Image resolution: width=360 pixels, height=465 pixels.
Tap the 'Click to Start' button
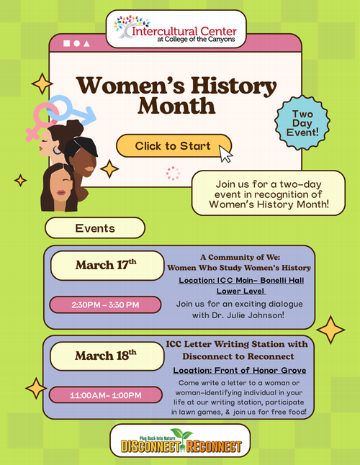pos(173,146)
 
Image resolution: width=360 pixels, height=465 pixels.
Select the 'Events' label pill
pos(95,228)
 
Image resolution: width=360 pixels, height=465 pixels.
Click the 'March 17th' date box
pos(106,265)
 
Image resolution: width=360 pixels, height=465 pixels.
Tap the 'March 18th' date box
pos(106,355)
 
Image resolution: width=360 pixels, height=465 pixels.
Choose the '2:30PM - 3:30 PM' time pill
pos(105,304)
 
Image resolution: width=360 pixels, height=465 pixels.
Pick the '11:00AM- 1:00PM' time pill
pos(105,394)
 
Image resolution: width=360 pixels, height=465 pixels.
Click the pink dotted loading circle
pos(173,173)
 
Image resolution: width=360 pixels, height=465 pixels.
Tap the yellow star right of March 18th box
pos(330,330)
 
